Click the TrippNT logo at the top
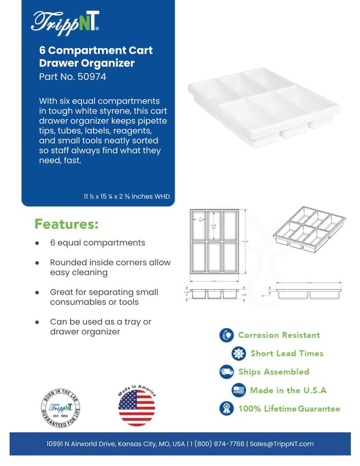(65, 21)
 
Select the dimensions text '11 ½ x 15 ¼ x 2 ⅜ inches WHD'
(127, 197)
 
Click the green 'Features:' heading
(66, 224)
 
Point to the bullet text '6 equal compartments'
(97, 243)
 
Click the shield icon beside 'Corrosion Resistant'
(226, 335)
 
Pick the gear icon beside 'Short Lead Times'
(238, 354)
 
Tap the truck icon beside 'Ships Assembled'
(226, 372)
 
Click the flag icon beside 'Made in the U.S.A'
(238, 390)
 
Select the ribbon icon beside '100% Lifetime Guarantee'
(226, 408)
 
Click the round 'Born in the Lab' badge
(61, 407)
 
